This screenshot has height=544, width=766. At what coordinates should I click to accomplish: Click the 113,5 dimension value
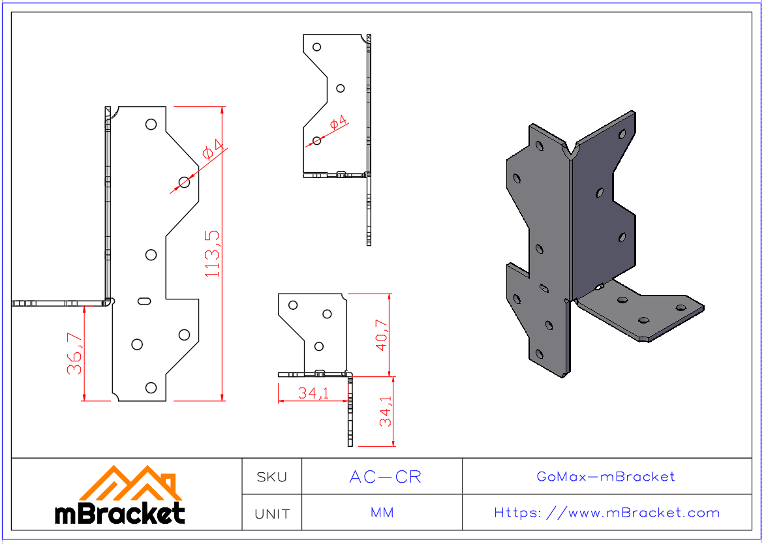213,253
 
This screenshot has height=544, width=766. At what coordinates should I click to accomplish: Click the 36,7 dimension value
75,354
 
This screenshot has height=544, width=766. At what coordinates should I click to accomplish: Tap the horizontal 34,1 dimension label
313,393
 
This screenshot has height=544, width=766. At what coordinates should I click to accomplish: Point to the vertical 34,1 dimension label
386,412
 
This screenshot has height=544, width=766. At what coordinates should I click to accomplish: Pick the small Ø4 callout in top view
338,123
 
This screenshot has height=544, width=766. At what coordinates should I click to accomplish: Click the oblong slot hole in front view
145,300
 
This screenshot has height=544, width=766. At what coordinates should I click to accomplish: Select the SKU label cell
271,477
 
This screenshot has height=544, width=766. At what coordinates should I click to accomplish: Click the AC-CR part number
385,477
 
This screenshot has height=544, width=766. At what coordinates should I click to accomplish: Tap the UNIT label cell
271,514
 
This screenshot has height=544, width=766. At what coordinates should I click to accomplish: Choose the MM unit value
382,513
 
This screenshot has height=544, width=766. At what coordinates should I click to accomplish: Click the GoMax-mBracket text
605,477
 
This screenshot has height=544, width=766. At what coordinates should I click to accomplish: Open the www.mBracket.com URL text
607,513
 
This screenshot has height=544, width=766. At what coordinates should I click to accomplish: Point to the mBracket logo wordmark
119,514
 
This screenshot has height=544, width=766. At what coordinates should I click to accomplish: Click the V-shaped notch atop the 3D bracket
574,153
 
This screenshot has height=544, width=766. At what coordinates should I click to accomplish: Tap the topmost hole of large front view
151,124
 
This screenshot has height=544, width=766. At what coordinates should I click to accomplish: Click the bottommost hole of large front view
151,387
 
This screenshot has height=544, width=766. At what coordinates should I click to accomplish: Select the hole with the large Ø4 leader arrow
185,182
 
